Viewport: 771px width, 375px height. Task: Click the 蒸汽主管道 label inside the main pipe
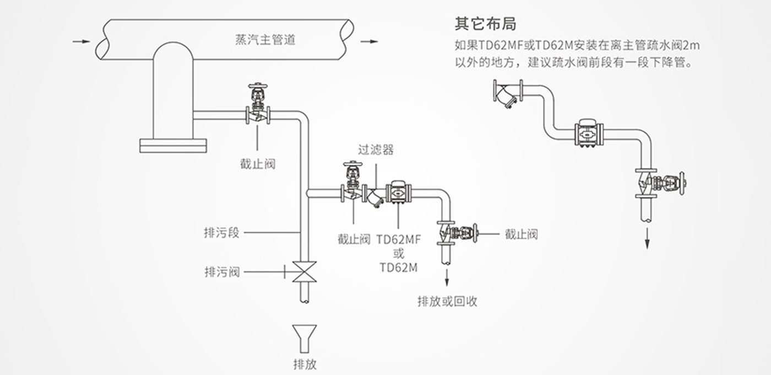click(265, 40)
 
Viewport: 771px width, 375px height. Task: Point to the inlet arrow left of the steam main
click(82, 42)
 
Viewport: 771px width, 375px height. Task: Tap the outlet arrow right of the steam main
click(369, 42)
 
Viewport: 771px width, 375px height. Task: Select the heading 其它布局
click(485, 24)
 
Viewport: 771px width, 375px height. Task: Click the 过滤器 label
click(376, 149)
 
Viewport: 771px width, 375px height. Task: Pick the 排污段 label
click(221, 233)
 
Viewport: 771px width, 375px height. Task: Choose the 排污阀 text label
click(222, 272)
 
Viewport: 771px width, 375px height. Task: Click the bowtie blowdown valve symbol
click(304, 271)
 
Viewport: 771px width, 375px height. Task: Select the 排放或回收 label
click(447, 301)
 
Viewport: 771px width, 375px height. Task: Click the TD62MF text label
click(398, 239)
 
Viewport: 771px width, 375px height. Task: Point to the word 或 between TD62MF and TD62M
click(399, 254)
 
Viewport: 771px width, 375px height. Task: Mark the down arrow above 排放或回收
click(447, 277)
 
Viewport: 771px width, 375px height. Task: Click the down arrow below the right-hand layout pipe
click(647, 238)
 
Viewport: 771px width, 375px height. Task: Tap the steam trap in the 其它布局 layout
click(589, 134)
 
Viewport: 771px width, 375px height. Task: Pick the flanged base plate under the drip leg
click(173, 146)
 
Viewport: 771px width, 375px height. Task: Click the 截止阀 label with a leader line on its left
click(521, 234)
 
